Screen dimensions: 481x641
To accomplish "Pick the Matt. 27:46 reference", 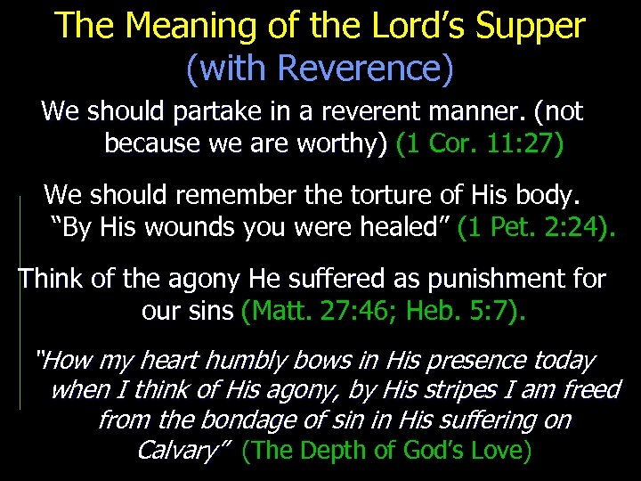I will pyautogui.click(x=308, y=311).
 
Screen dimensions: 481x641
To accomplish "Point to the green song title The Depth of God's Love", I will pyautogui.click(x=387, y=451).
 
